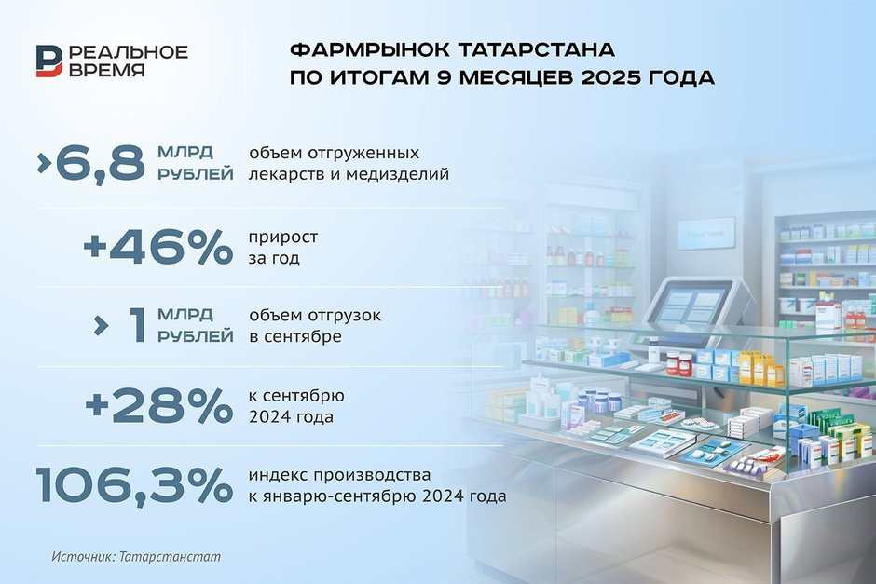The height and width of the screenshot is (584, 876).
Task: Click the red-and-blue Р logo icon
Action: click(49, 61)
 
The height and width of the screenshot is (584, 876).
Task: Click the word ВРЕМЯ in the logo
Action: click(107, 70)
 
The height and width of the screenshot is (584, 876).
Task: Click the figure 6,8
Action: click(100, 163)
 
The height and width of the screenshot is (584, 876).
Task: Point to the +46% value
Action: click(158, 246)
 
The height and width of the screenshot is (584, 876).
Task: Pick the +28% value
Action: click(158, 405)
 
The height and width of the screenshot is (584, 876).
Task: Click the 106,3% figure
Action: click(134, 485)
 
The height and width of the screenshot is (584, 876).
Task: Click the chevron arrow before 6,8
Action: click(44, 162)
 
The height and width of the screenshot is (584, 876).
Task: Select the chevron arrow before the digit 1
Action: click(102, 325)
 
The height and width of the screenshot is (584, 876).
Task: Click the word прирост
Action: click(283, 237)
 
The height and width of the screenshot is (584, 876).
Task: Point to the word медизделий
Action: click(397, 173)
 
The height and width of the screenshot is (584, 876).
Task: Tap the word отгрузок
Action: click(343, 315)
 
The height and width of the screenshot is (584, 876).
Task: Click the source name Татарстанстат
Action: click(170, 557)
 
